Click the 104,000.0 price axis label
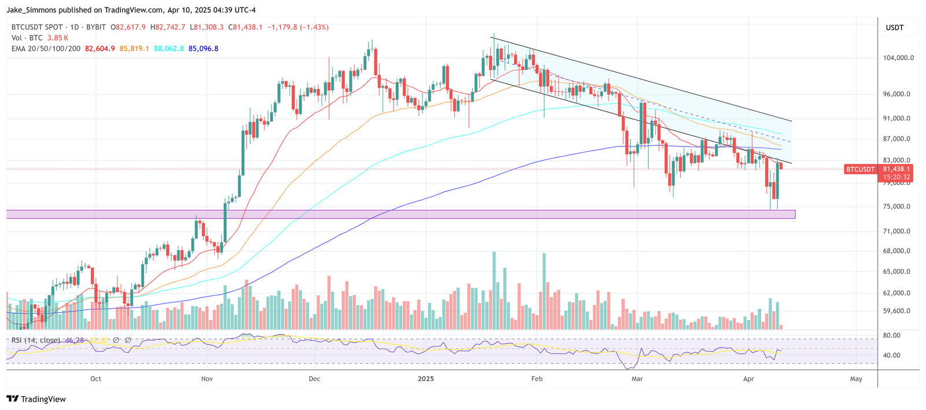click(x=898, y=58)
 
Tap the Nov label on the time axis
click(x=207, y=379)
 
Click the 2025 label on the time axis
click(x=425, y=379)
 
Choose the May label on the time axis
click(x=856, y=379)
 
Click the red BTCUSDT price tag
click(x=861, y=169)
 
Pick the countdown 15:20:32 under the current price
click(x=896, y=177)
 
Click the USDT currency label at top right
click(x=894, y=28)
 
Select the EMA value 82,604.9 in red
click(x=100, y=49)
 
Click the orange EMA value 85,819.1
click(x=134, y=49)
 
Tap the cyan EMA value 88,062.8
click(x=169, y=49)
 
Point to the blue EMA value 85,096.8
click(x=203, y=49)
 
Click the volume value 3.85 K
click(x=58, y=38)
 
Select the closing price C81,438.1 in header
click(x=245, y=27)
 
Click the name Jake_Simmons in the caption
click(x=33, y=10)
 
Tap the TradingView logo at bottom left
click(x=36, y=399)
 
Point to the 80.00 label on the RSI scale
click(x=892, y=335)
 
